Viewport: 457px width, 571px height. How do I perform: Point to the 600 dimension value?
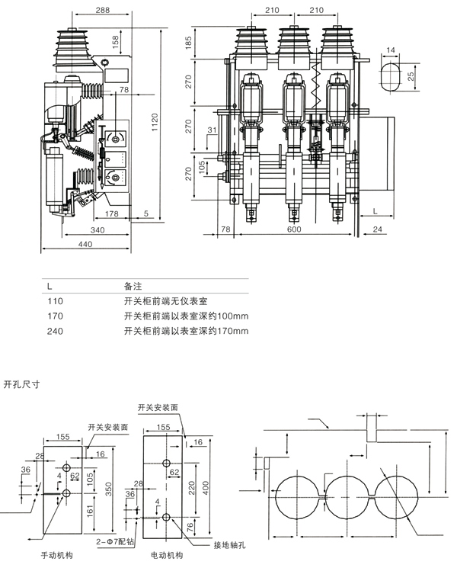[x=293, y=229]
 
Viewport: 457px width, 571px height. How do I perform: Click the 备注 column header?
[x=133, y=285]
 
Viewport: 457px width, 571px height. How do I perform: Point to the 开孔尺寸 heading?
[x=22, y=383]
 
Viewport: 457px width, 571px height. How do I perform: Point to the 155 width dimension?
[x=62, y=437]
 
